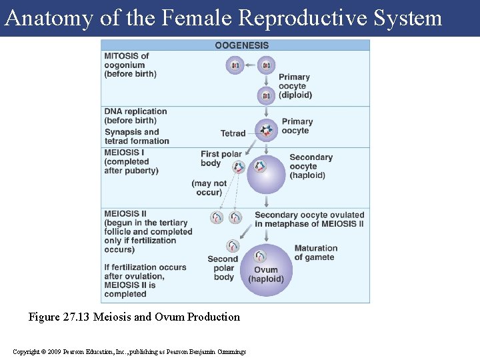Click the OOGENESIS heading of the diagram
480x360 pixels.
pos(241,45)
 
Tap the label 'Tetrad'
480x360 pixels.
pos(233,133)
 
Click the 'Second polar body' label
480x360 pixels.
pos(223,268)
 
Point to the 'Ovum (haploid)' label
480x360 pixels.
pos(266,275)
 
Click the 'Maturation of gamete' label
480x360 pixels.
pos(315,253)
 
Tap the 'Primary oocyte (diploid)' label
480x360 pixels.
pos(295,86)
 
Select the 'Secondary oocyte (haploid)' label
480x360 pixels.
pos(311,167)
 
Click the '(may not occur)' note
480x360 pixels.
pos(209,188)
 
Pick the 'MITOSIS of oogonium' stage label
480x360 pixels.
pos(129,65)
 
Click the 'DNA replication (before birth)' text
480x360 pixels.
pos(135,116)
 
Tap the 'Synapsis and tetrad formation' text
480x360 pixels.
pos(137,136)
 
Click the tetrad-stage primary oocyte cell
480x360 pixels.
pos(267,130)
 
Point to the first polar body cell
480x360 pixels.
pos(239,167)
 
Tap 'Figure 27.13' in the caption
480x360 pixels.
pos(59,317)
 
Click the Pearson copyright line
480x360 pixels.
pos(129,351)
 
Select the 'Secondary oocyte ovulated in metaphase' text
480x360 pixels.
pos(309,219)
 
